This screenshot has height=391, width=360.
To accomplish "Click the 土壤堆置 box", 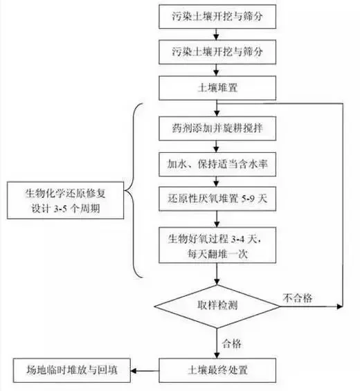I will pyautogui.click(x=218, y=88).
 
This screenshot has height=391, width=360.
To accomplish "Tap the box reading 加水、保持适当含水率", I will pyautogui.click(x=218, y=165).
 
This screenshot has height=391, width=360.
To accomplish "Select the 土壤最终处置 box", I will pyautogui.click(x=218, y=368).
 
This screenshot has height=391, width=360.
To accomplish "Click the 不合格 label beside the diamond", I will pyautogui.click(x=298, y=298).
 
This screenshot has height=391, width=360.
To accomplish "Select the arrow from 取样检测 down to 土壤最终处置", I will pyautogui.click(x=218, y=342).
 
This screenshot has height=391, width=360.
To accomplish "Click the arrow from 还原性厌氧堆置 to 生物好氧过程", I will pyautogui.click(x=218, y=219).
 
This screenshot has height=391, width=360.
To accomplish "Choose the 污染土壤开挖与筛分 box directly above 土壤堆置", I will pyautogui.click(x=218, y=51).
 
